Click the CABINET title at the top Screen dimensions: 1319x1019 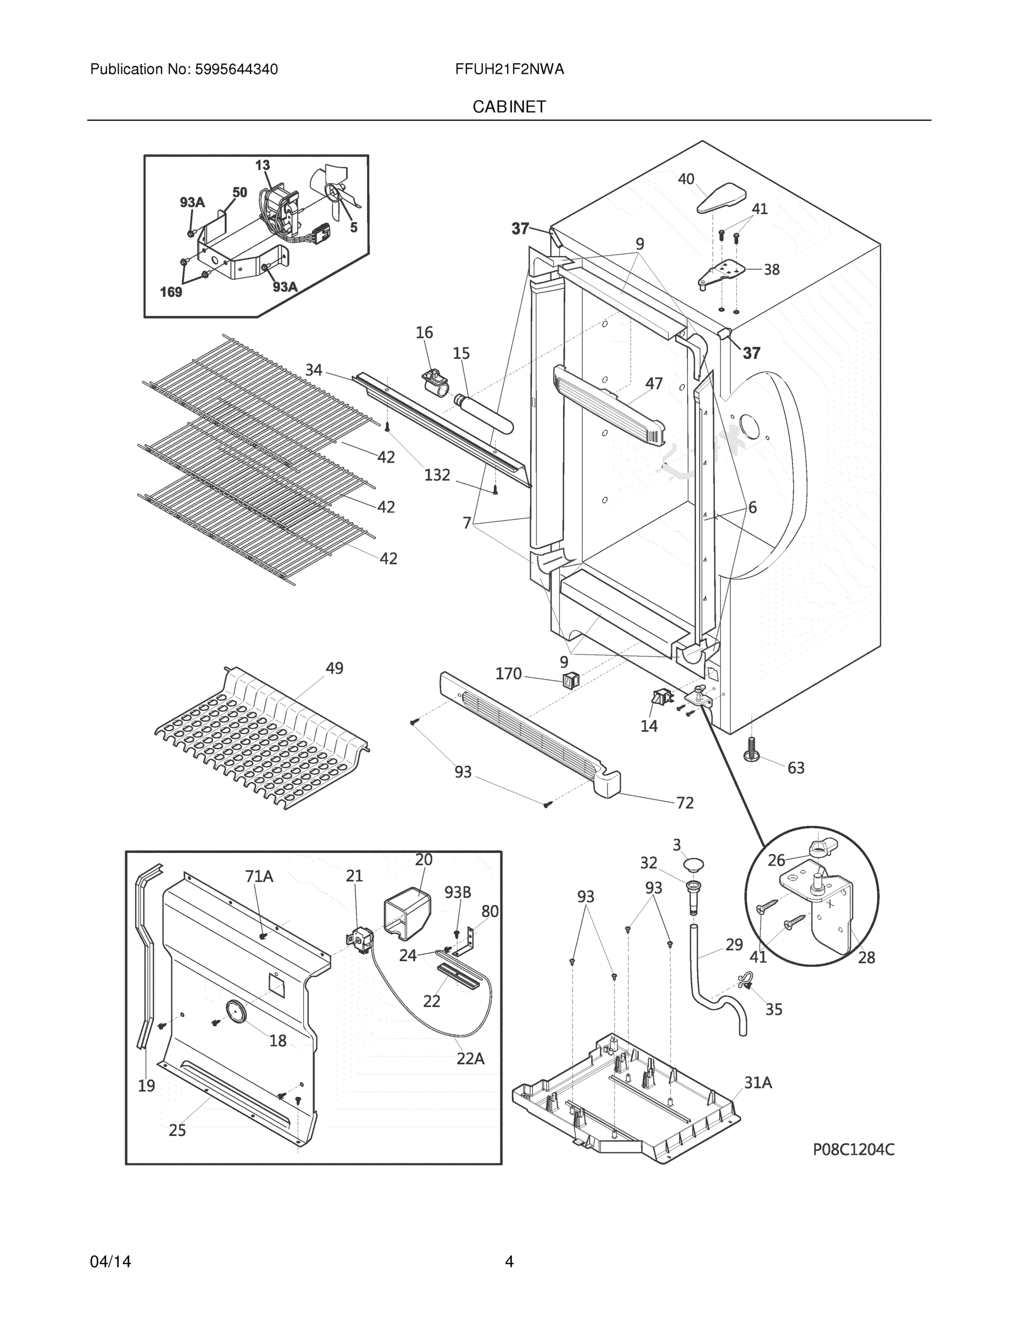[509, 107]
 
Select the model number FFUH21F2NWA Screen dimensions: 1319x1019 [509, 69]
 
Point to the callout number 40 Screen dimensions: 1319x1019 [686, 179]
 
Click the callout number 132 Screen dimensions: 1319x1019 [437, 475]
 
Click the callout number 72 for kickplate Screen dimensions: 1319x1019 [684, 802]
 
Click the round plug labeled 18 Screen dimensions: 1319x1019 [233, 1011]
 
